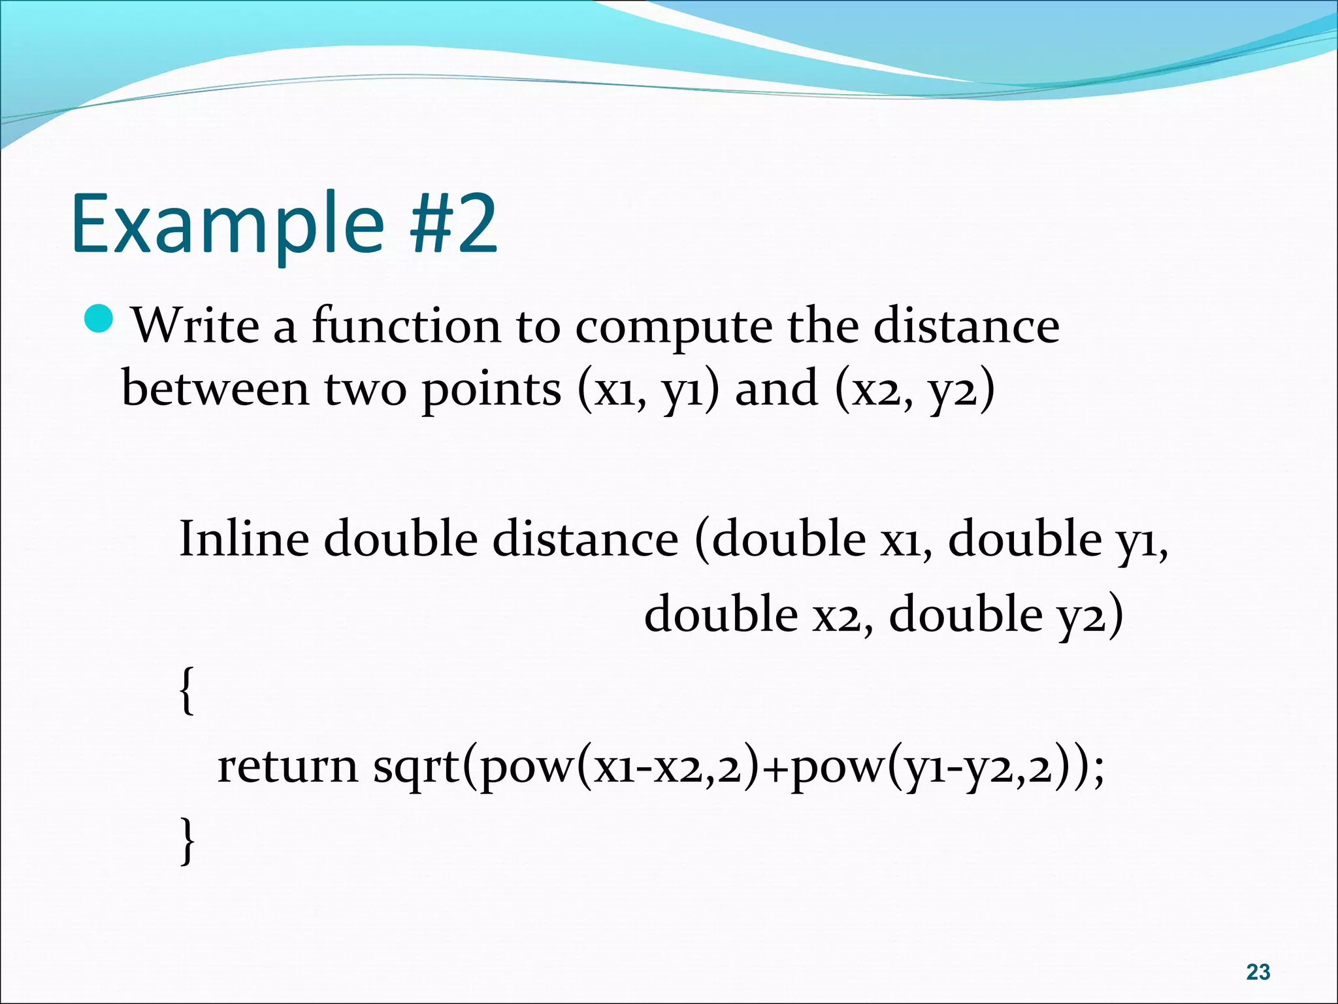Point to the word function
point(406,325)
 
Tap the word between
point(215,388)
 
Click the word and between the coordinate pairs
point(776,388)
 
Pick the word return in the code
point(287,766)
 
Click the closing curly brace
point(187,841)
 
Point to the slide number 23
point(1258,972)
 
